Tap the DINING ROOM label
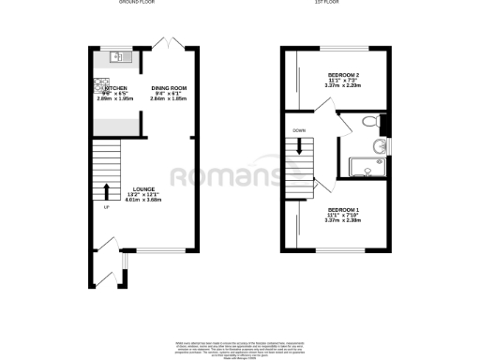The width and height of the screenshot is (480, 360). coord(171,87)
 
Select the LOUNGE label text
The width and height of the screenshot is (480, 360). coord(143,188)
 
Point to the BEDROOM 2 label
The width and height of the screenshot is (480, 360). coord(343,73)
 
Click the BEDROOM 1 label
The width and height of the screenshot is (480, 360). coord(342,209)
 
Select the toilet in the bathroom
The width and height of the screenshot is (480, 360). coord(370,121)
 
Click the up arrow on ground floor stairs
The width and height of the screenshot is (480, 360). coord(106,191)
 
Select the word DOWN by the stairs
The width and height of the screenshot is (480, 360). coord(299,130)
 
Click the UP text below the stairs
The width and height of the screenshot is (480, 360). coord(106,208)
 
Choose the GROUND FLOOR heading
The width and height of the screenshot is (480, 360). coord(136,3)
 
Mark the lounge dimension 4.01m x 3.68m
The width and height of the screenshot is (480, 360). coord(143,200)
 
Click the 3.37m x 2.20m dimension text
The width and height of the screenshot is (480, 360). coord(343,84)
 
